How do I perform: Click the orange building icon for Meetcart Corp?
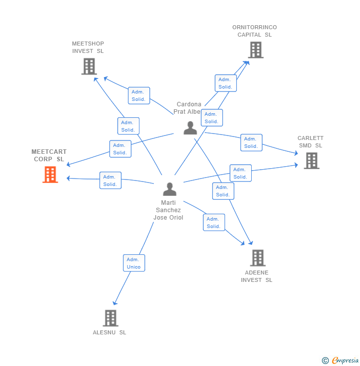coord(50,175)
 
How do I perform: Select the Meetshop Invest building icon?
coord(89,66)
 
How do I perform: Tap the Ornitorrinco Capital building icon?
coord(255,50)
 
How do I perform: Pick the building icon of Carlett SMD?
coord(311,161)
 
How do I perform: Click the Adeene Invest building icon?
coord(257,258)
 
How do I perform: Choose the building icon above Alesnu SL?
coord(110,318)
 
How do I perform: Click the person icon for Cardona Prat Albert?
coord(190,128)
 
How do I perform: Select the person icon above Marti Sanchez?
coord(170,189)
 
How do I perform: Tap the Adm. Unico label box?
coord(134,263)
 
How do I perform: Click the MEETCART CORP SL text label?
coord(49,155)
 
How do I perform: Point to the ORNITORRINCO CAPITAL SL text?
coord(255,31)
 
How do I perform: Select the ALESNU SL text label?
coord(109,332)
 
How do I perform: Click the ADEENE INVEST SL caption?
coord(257,276)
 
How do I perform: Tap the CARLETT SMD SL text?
coord(311,142)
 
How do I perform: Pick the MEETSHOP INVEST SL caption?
coord(88,47)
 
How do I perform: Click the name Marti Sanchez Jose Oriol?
coord(168,210)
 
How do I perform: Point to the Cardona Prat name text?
coord(188,108)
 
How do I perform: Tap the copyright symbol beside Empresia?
coord(325,361)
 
